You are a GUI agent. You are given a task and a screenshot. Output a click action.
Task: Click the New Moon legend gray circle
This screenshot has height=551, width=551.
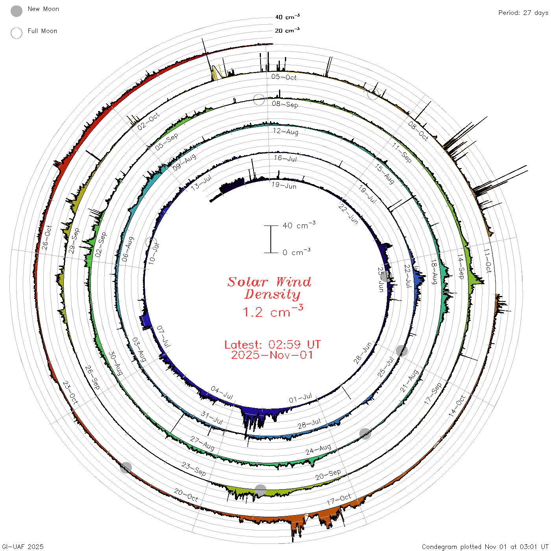17,11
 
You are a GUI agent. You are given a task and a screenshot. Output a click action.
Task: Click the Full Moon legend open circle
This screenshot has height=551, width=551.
17,33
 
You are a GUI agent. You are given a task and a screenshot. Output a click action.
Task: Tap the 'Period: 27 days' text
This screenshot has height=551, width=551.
523,13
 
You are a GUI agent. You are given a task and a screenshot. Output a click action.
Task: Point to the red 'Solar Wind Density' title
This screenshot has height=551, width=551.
269,288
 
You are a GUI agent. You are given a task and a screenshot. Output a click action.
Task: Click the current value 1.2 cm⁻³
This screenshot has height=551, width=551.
273,311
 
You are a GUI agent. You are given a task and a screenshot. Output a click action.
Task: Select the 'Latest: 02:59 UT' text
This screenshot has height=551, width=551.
272,344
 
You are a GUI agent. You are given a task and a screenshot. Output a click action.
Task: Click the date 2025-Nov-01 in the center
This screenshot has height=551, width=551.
272,355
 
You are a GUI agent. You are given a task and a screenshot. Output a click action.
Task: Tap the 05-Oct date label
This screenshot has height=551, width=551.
284,77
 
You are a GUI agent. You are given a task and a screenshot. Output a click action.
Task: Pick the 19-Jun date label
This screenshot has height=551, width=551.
284,185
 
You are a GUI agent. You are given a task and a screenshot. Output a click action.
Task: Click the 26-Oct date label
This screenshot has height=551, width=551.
47,238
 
